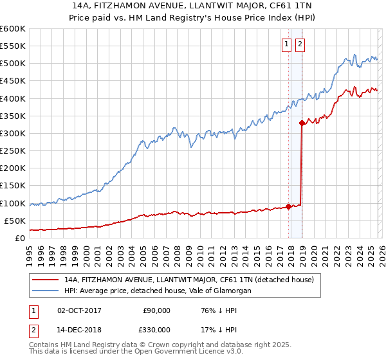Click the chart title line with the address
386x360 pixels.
click(x=192, y=5)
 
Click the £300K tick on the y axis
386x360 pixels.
click(x=12, y=133)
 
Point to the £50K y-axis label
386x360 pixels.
click(x=14, y=221)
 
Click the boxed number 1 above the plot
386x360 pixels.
click(x=286, y=44)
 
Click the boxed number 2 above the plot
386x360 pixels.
click(x=300, y=44)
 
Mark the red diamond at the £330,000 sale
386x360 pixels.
click(x=302, y=122)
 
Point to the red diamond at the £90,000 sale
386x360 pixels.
click(x=288, y=206)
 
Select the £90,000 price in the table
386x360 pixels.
click(x=156, y=310)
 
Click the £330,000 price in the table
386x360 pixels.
click(x=156, y=329)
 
